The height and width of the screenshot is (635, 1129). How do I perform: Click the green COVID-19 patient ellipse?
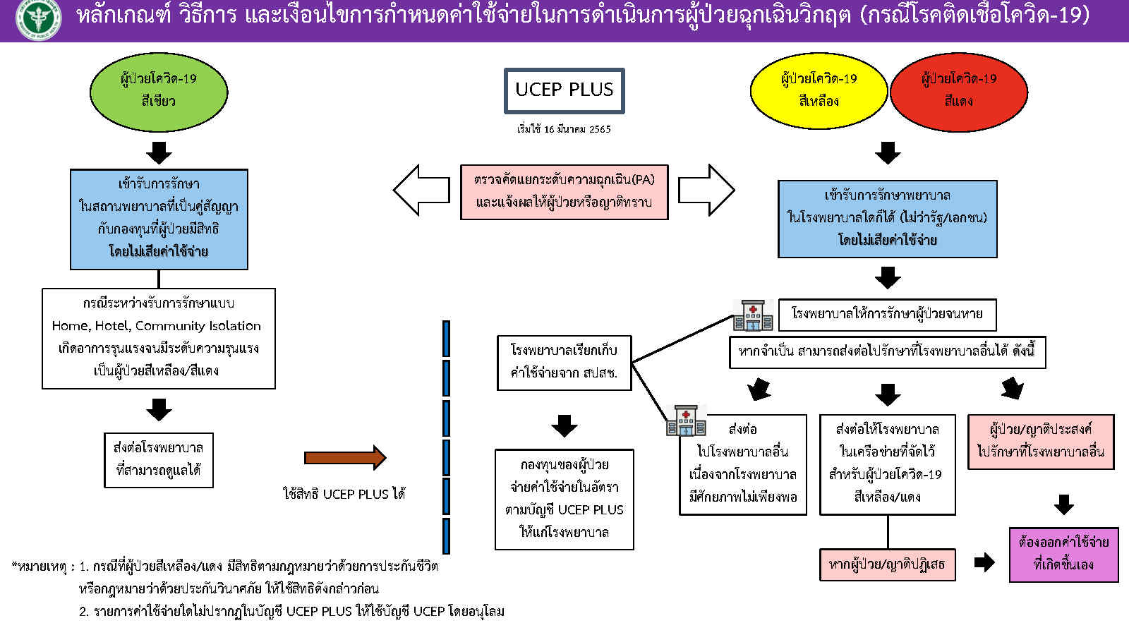(x=159, y=90)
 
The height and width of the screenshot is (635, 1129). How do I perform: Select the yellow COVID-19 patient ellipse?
(x=819, y=90)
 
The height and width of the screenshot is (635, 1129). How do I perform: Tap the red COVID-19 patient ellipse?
(x=958, y=90)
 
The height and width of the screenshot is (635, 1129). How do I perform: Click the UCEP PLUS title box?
(x=564, y=90)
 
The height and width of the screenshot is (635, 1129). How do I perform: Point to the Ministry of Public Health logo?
(x=38, y=20)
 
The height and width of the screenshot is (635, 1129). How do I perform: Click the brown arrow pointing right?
(x=345, y=458)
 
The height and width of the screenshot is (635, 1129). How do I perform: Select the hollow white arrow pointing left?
(x=421, y=190)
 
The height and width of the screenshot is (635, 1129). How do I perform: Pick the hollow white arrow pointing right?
(x=706, y=190)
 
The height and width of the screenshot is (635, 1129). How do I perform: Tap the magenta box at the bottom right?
(x=1063, y=555)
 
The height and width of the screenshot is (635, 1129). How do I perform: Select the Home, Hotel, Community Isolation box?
(x=159, y=338)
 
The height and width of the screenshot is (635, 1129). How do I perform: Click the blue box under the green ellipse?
(x=159, y=219)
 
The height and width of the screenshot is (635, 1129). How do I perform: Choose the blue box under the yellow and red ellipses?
(x=887, y=219)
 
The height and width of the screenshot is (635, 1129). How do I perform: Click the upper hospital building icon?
(x=753, y=315)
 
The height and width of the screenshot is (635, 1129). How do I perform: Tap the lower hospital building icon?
(x=686, y=421)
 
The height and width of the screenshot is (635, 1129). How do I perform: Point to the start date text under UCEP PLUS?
(x=564, y=129)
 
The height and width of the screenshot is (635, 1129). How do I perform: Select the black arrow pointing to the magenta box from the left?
(x=984, y=562)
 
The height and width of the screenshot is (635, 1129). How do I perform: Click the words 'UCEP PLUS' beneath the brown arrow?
(x=363, y=494)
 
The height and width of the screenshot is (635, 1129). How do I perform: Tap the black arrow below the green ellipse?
(x=159, y=152)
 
